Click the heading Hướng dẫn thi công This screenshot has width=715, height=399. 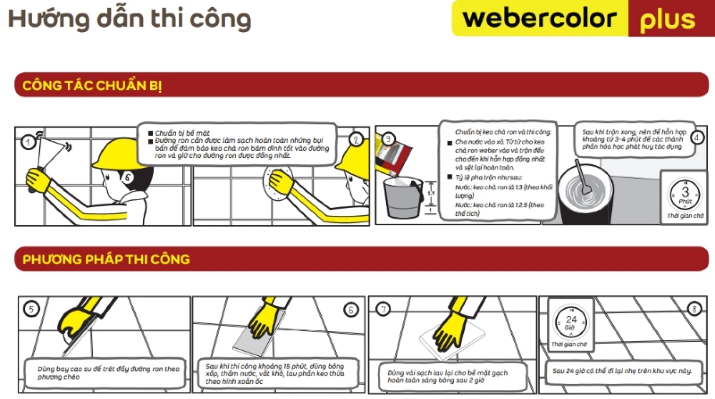129,19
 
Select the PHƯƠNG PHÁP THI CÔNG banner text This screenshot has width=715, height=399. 106,259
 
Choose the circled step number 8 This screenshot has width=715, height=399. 693,309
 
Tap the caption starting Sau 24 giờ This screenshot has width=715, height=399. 622,370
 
